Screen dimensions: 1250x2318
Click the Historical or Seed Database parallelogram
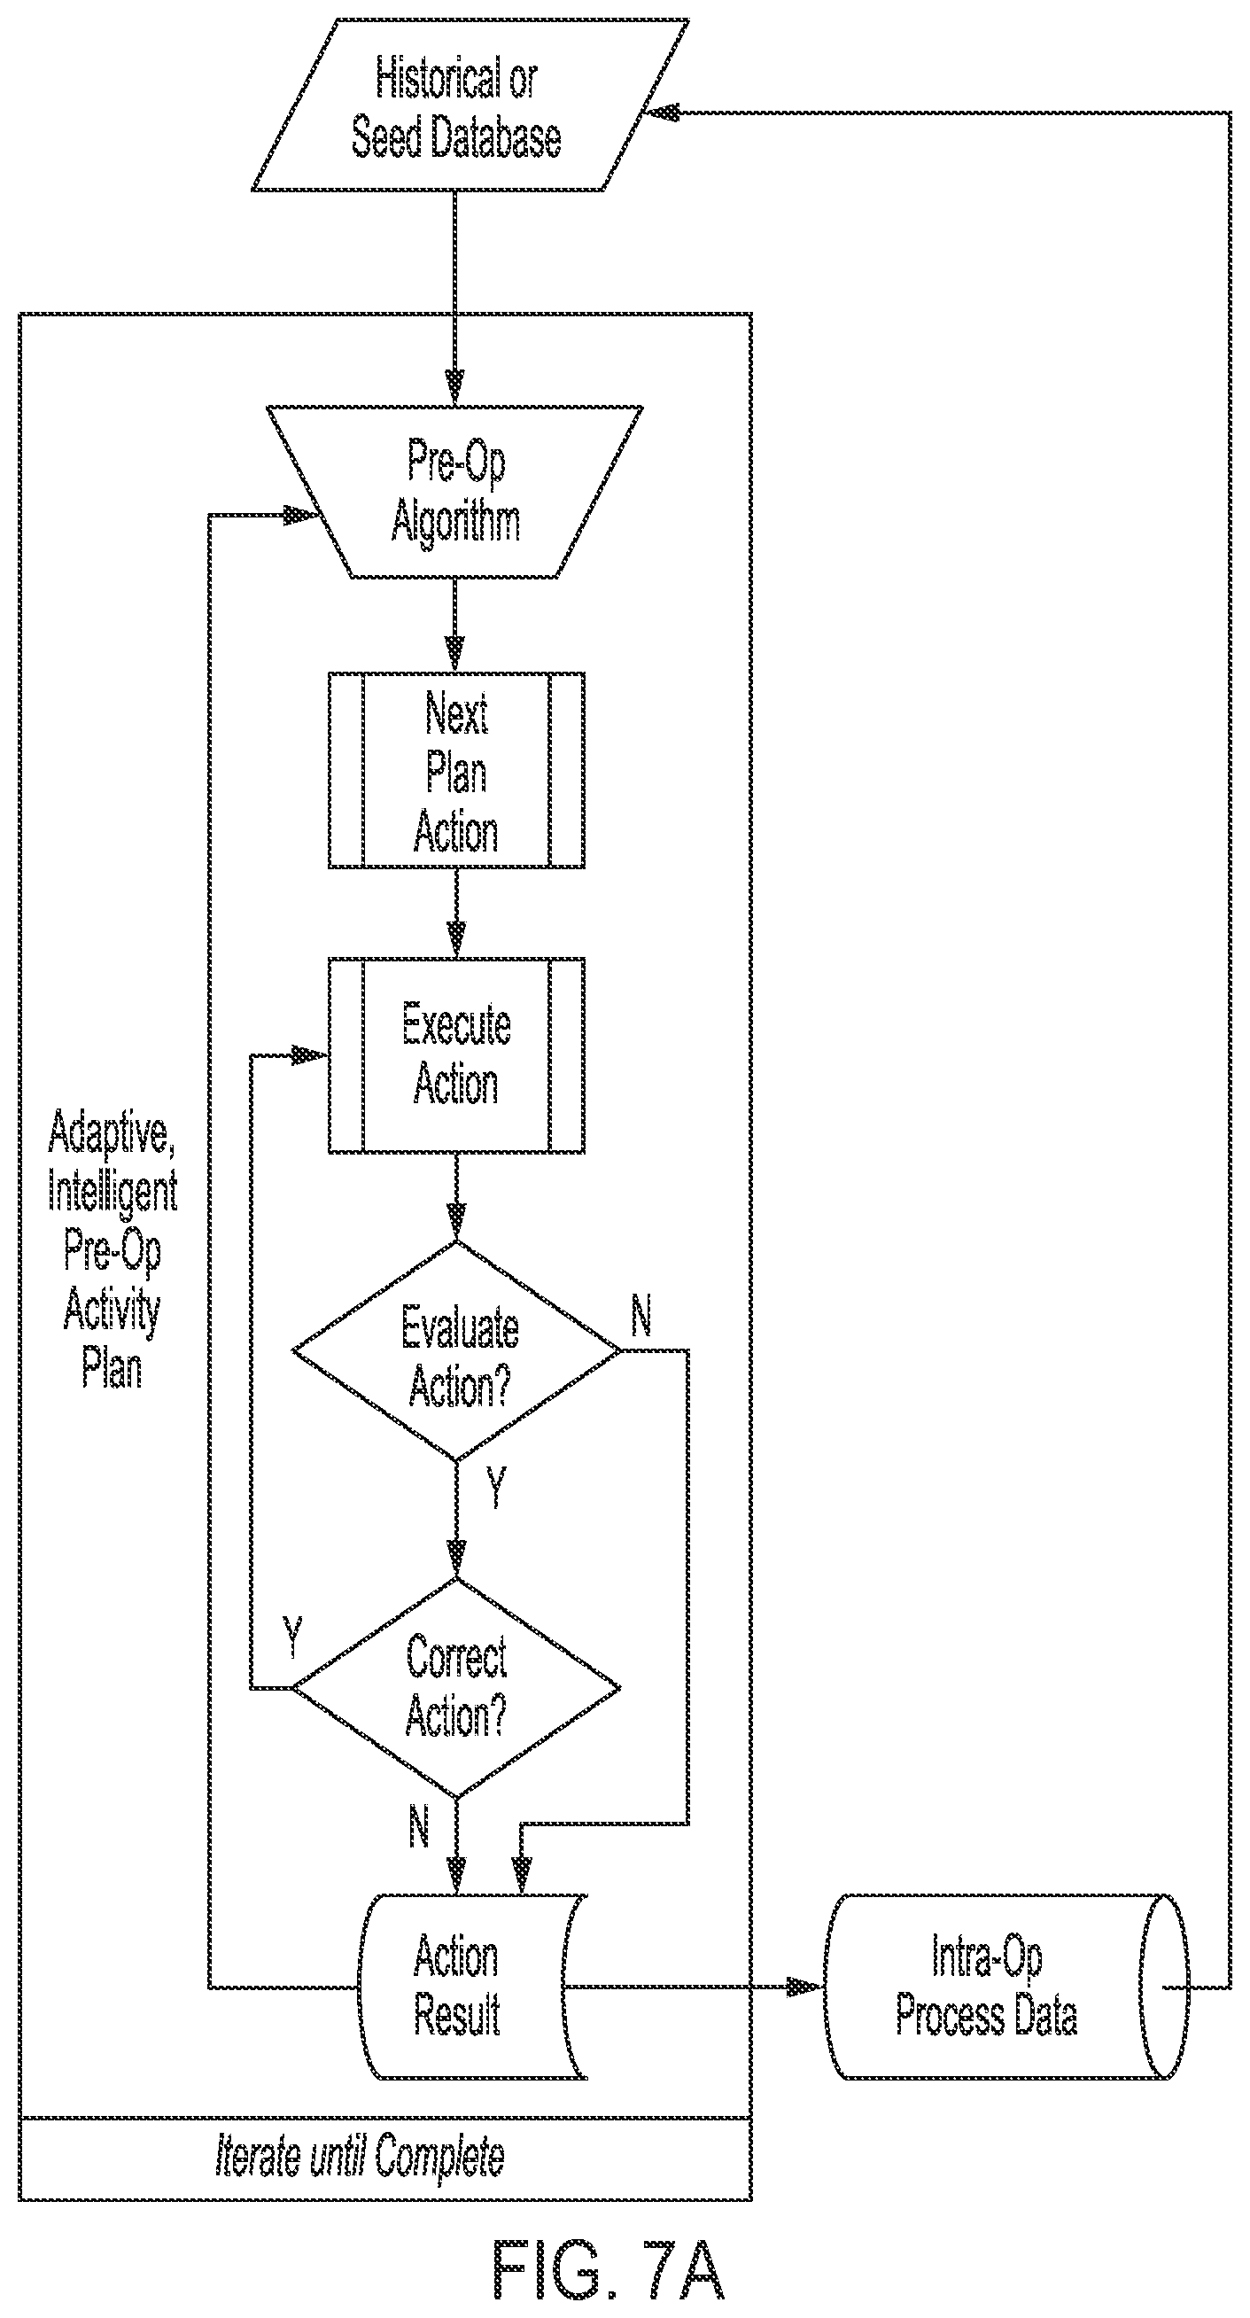(x=470, y=105)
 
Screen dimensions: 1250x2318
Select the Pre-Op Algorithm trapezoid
(x=455, y=491)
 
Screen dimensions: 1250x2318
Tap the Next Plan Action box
(x=456, y=770)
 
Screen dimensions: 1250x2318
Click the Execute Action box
(x=456, y=1054)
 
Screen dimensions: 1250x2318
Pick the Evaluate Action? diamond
(x=456, y=1351)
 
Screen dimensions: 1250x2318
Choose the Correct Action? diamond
(x=456, y=1688)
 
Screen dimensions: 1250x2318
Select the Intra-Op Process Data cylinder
(x=1006, y=1987)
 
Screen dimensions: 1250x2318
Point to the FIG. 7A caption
(x=609, y=2270)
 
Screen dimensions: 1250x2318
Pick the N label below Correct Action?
(x=419, y=1826)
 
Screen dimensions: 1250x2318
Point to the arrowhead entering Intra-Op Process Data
(x=806, y=1987)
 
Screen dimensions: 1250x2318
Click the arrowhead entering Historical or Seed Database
(x=663, y=112)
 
